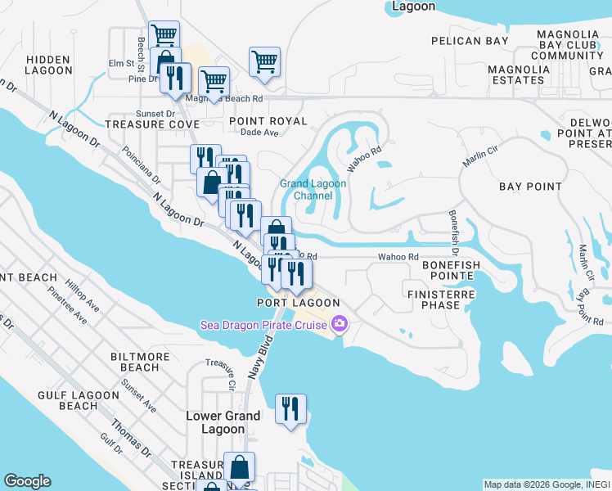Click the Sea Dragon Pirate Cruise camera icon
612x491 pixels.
coord(340,325)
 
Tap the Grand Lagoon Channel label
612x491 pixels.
coord(313,190)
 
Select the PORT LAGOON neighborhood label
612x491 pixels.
coord(298,303)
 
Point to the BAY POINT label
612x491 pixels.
coord(531,187)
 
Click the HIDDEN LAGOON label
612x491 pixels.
coord(49,65)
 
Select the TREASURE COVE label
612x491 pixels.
coord(152,124)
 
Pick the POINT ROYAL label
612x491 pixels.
coord(268,121)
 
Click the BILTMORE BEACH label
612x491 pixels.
coord(140,362)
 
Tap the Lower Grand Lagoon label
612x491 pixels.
coord(223,422)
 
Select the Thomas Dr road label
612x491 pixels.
coord(132,439)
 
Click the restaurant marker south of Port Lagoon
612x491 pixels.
coord(290,408)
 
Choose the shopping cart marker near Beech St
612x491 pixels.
coord(164,35)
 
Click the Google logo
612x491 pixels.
coord(28,481)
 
